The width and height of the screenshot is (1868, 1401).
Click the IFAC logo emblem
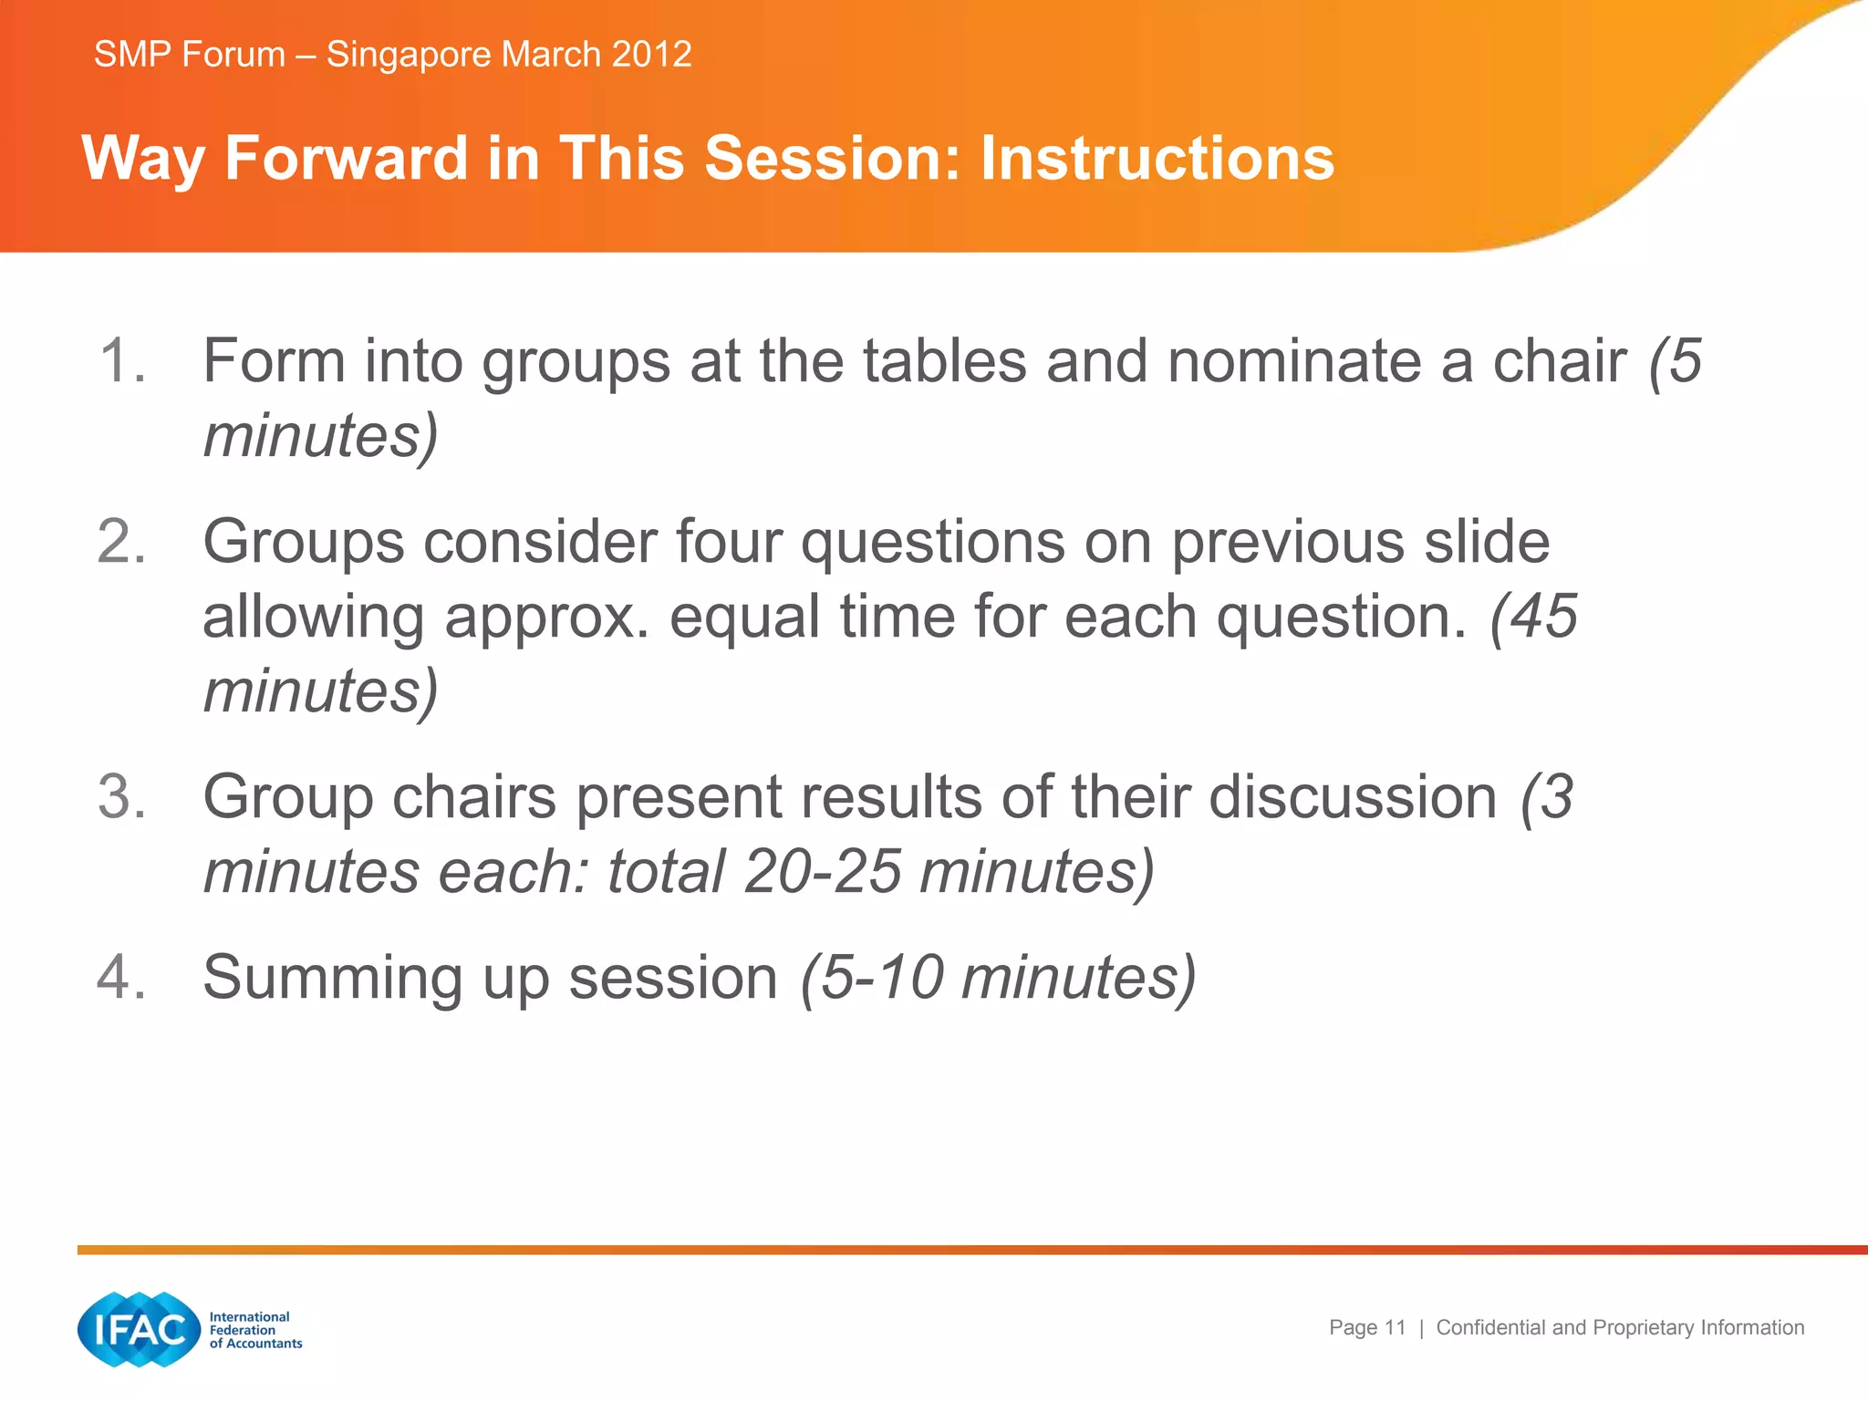point(139,1329)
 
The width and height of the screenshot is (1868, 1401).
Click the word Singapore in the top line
point(409,55)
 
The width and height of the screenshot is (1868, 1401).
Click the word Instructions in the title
point(1157,159)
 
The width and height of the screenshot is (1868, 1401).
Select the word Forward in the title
point(347,159)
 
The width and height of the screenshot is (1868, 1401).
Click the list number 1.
point(121,361)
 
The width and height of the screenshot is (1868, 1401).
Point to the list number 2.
point(121,542)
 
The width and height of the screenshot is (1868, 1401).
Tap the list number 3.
point(121,797)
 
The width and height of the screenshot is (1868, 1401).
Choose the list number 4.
point(121,978)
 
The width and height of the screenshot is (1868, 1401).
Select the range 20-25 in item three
point(823,872)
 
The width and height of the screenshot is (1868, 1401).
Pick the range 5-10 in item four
point(881,978)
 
